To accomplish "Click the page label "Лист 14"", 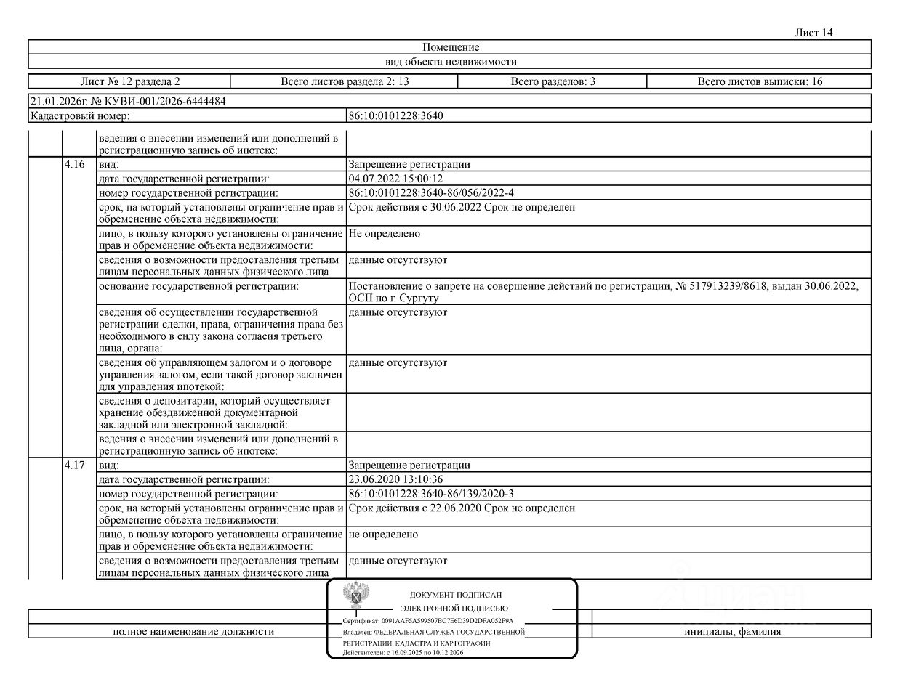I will click(x=814, y=33).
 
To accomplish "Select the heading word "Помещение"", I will click(x=451, y=47).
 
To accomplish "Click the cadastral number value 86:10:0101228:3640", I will click(x=396, y=115).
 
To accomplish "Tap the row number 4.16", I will click(x=75, y=165).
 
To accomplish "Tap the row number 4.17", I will click(x=75, y=466).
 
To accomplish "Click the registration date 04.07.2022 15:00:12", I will click(x=395, y=179).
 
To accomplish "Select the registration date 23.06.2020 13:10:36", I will click(x=395, y=479).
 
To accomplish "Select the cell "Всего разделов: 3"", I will click(x=553, y=81).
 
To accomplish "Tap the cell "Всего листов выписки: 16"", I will click(x=760, y=81).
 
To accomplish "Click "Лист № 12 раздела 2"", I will click(x=129, y=81).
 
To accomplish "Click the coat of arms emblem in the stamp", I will click(x=354, y=596).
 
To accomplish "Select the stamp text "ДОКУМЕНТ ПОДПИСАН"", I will click(x=456, y=595).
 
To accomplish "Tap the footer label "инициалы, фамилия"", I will click(x=732, y=632).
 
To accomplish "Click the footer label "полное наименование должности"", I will click(x=193, y=632).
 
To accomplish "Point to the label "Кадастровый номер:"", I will click(x=80, y=115).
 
